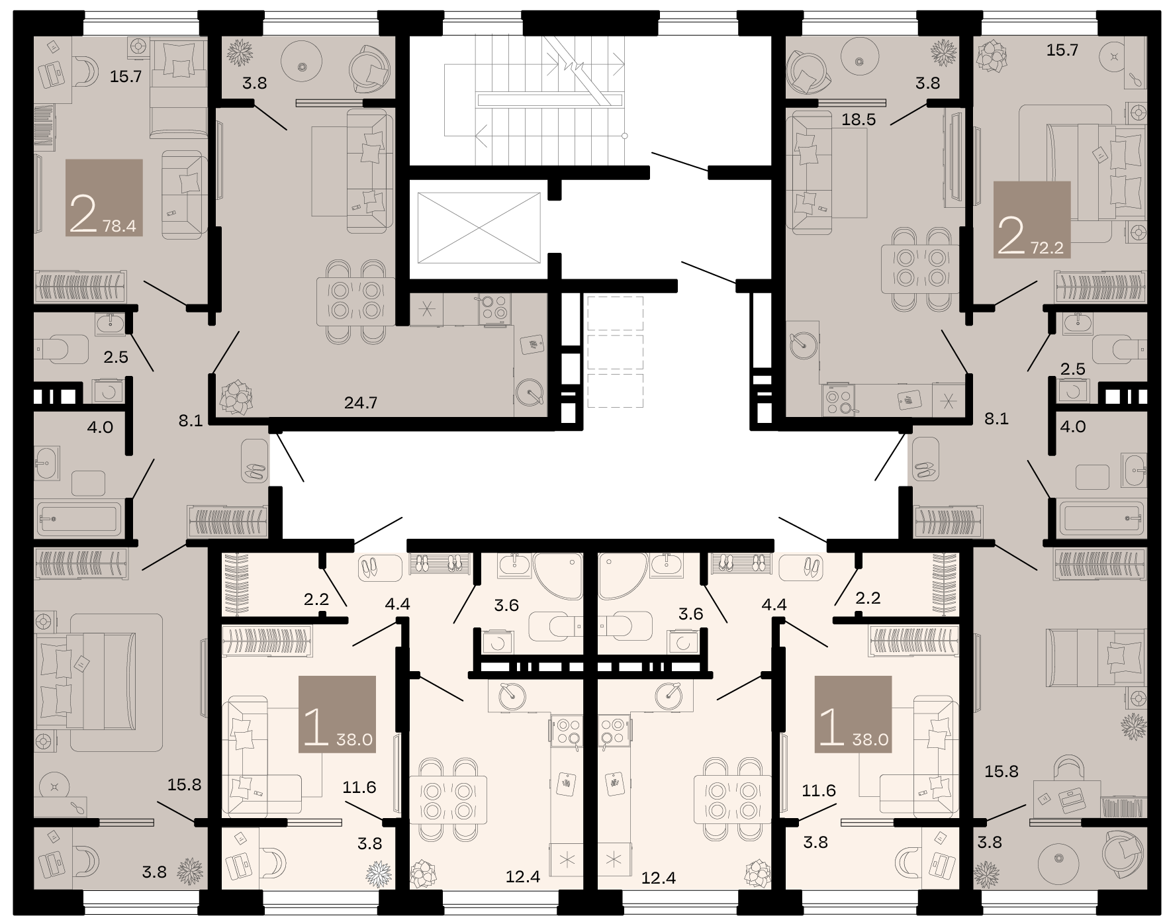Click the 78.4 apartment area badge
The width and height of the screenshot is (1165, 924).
[105, 197]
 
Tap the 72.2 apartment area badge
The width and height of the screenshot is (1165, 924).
[1032, 219]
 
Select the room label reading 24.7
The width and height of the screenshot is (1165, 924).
[361, 402]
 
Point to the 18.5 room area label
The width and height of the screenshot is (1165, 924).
[859, 120]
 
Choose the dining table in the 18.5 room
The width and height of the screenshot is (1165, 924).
[921, 268]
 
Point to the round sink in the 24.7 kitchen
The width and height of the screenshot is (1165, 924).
[530, 391]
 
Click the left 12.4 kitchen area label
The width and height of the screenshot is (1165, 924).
[523, 878]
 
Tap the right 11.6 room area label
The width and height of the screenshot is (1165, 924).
[819, 790]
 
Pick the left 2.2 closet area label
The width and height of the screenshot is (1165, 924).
[316, 599]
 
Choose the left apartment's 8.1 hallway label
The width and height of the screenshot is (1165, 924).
[190, 420]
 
